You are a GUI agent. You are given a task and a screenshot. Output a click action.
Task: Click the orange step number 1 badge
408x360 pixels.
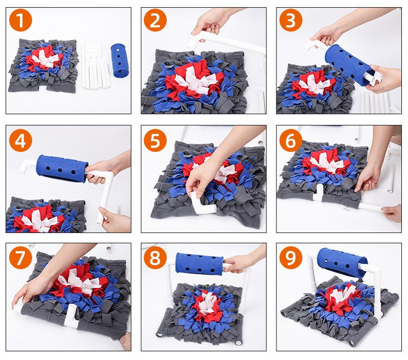point(20,21)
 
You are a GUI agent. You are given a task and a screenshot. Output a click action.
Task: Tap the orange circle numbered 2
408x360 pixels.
point(155,21)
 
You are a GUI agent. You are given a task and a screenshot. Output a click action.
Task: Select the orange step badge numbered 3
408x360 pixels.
point(291,21)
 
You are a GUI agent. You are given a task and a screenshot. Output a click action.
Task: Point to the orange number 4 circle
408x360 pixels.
point(20,140)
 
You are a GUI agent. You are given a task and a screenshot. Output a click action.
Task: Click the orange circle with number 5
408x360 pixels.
point(155,140)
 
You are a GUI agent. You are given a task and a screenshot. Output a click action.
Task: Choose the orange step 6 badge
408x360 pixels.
point(291,140)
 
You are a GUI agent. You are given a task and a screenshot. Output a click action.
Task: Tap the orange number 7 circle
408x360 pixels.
point(20,258)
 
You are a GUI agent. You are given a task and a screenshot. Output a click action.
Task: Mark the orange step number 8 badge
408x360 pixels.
point(155,258)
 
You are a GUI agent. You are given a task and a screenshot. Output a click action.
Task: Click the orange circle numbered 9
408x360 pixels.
point(291,258)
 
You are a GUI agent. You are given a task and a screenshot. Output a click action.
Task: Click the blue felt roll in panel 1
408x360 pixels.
point(120,60)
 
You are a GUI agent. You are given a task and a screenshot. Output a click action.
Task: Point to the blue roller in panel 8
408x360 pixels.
point(200,263)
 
